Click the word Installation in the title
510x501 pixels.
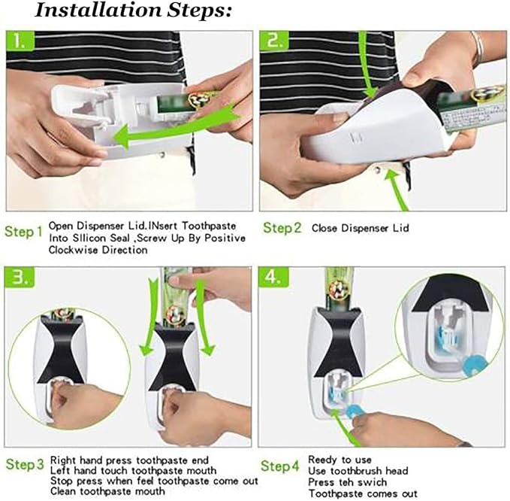(x=98, y=11)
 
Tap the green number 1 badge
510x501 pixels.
(x=20, y=41)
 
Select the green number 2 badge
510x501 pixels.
(x=274, y=41)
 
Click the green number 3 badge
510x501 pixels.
(x=20, y=278)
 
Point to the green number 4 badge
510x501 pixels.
(x=273, y=277)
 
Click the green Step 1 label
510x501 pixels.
(x=24, y=232)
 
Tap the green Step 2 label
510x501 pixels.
(x=282, y=228)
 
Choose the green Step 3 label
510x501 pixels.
(x=25, y=464)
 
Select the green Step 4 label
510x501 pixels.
(x=279, y=466)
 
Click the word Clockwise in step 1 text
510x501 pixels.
(x=74, y=250)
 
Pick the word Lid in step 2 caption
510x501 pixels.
(x=400, y=228)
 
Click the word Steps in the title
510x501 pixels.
(x=199, y=11)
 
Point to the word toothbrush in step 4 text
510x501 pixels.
(x=357, y=471)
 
